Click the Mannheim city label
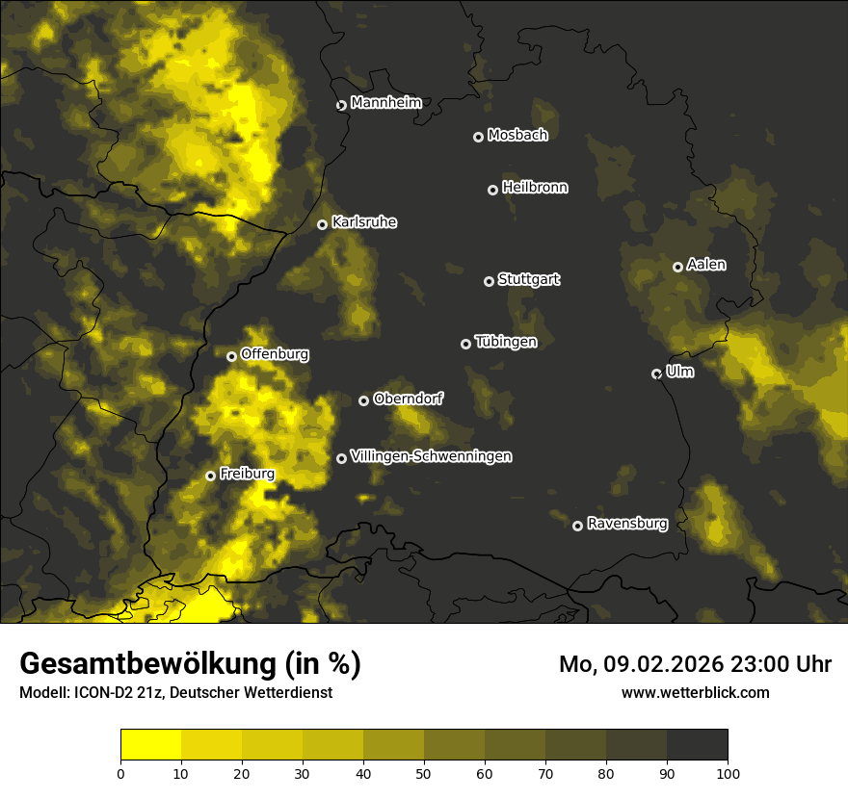[385, 104]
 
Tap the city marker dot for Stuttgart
[489, 281]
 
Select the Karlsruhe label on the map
[363, 222]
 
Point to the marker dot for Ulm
[656, 374]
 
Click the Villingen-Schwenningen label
[431, 456]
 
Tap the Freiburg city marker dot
[210, 476]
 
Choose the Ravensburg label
[626, 524]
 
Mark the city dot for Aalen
[677, 267]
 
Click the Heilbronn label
[535, 188]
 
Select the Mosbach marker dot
[478, 137]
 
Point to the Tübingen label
[506, 342]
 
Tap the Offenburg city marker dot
[231, 356]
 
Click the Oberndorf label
[408, 399]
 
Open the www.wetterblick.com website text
[695, 692]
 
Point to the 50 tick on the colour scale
[424, 772]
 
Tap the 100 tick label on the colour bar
[728, 772]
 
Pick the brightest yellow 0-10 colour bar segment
[150, 745]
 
